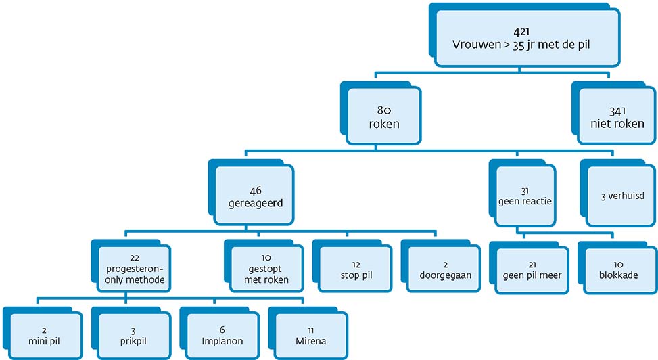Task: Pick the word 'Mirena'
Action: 311,341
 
